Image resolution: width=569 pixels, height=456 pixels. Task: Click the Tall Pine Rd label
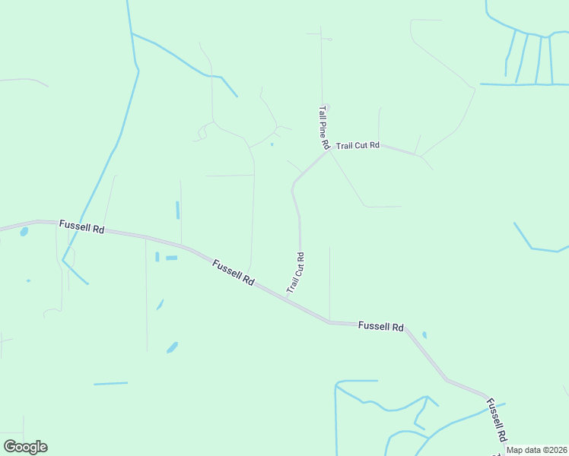323,127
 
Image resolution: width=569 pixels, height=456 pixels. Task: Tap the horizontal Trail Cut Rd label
358,145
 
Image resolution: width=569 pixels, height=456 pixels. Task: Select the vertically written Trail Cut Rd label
296,273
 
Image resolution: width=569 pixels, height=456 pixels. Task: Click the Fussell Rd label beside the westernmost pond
81,227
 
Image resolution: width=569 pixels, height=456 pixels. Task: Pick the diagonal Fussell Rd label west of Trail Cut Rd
234,272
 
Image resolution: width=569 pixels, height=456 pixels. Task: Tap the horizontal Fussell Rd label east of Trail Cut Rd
380,326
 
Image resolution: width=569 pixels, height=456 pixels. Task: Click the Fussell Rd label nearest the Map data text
496,421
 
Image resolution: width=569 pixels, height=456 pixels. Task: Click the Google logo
25,447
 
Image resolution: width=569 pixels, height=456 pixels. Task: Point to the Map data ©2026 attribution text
537,450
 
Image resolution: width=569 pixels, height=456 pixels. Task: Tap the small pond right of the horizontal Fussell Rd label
424,334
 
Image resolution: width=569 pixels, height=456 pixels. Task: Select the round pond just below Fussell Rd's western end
24,232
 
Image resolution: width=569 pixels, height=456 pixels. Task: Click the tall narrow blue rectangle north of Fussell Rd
178,210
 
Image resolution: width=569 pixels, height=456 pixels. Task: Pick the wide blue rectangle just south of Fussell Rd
171,258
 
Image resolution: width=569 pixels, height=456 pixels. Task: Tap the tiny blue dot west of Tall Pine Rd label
272,144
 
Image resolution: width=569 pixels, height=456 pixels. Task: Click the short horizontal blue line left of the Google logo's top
111,384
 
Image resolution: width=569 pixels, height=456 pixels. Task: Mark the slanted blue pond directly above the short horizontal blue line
172,347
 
